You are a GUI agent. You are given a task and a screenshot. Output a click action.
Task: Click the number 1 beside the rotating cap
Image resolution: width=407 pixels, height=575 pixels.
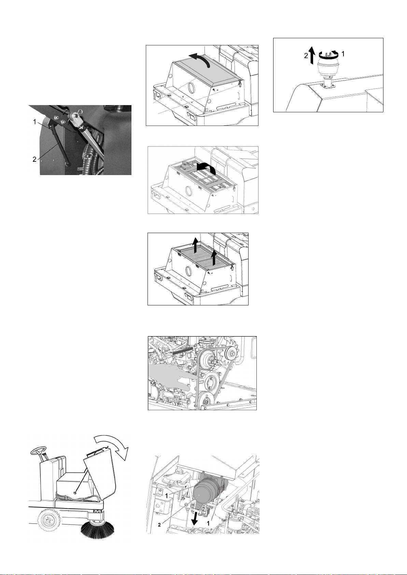point(343,54)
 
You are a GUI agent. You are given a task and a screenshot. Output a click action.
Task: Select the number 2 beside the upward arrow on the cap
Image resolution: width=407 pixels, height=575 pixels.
point(306,56)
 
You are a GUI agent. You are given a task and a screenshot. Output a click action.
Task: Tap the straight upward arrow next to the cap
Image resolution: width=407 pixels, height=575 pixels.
point(311,55)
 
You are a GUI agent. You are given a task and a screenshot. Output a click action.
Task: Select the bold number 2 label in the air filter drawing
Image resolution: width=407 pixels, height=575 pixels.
point(159,525)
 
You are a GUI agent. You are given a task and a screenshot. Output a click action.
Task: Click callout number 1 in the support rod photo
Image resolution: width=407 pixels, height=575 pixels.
point(34,122)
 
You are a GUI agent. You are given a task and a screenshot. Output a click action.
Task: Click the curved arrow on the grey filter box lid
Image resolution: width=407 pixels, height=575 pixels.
point(199,60)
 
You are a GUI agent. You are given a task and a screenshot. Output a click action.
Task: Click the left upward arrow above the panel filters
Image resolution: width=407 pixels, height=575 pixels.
point(195,245)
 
